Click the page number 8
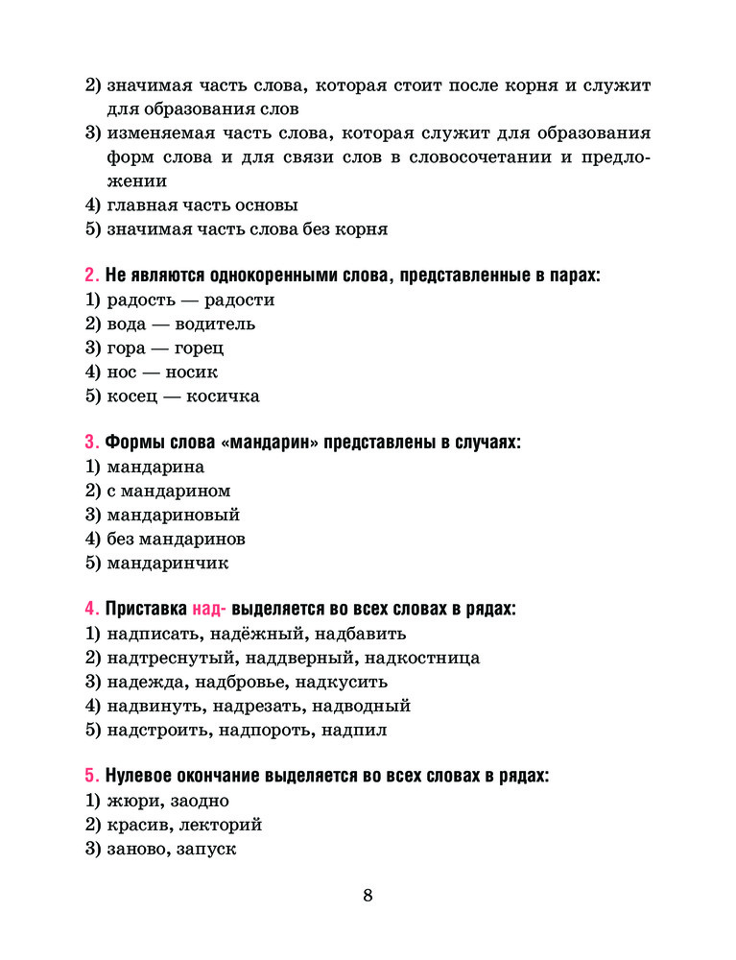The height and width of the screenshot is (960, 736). pyautogui.click(x=368, y=896)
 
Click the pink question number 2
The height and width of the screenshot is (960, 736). pyautogui.click(x=90, y=276)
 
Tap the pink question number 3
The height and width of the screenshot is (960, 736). pyautogui.click(x=90, y=443)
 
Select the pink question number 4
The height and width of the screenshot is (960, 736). pyautogui.click(x=90, y=609)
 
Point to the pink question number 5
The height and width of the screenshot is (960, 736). pyautogui.click(x=90, y=776)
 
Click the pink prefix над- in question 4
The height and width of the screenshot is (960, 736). pyautogui.click(x=209, y=609)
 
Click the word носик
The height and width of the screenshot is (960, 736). pyautogui.click(x=191, y=372)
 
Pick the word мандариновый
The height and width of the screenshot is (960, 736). pyautogui.click(x=174, y=515)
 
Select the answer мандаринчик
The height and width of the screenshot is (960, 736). pyautogui.click(x=168, y=563)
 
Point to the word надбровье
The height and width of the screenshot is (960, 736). pyautogui.click(x=242, y=682)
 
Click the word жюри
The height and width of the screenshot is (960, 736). pyautogui.click(x=132, y=801)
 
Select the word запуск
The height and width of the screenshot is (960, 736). pyautogui.click(x=206, y=849)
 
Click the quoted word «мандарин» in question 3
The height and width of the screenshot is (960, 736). pyautogui.click(x=270, y=443)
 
